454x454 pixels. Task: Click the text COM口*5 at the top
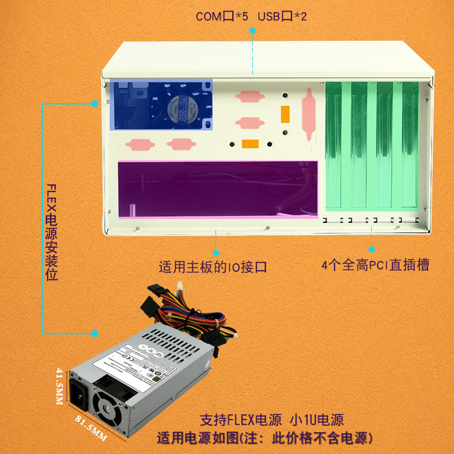[x=222, y=17]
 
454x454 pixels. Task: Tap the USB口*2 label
[x=282, y=17]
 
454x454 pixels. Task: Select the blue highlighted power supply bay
[x=161, y=104]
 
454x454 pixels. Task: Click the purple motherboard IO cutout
[x=217, y=190]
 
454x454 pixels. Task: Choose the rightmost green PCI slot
[x=410, y=145]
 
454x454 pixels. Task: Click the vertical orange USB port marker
[x=284, y=114]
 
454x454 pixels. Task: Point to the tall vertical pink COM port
[x=309, y=114]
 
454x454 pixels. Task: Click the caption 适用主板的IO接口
[x=213, y=267]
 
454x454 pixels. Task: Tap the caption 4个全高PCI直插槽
[x=375, y=265]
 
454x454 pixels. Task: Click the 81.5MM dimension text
[x=91, y=428]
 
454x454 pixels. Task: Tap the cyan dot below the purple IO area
[x=217, y=252]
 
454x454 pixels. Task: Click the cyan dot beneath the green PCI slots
[x=372, y=250]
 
